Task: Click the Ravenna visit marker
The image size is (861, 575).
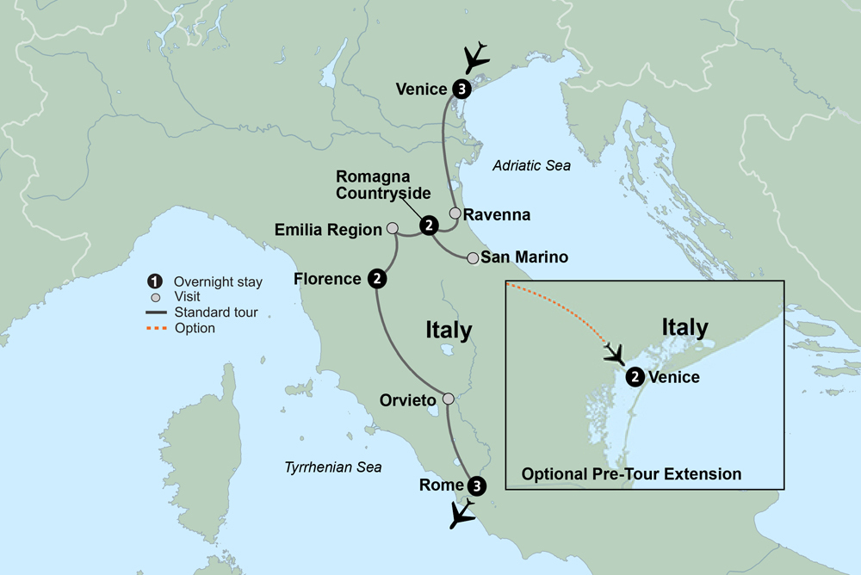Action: [x=455, y=213]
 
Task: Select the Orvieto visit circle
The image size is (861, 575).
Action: [x=448, y=399]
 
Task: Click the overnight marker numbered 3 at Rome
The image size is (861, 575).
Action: [x=478, y=485]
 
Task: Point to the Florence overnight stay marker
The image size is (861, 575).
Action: [x=376, y=278]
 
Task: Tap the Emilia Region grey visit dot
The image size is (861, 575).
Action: [x=393, y=229]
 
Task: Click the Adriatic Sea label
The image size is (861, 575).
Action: [x=531, y=166]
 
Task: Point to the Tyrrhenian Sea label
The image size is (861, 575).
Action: [x=332, y=467]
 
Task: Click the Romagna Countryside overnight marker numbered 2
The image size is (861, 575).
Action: [x=427, y=226]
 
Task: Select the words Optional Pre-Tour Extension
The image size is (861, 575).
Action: [x=631, y=473]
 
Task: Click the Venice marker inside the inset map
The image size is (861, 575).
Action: [x=635, y=376]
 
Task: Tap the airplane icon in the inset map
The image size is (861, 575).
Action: [x=615, y=353]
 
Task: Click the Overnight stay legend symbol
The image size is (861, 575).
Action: [x=155, y=281]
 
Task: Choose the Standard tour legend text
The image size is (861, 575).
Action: [x=215, y=312]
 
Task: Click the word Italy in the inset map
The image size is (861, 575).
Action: [x=684, y=328]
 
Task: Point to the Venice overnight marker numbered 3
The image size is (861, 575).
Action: [x=461, y=89]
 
